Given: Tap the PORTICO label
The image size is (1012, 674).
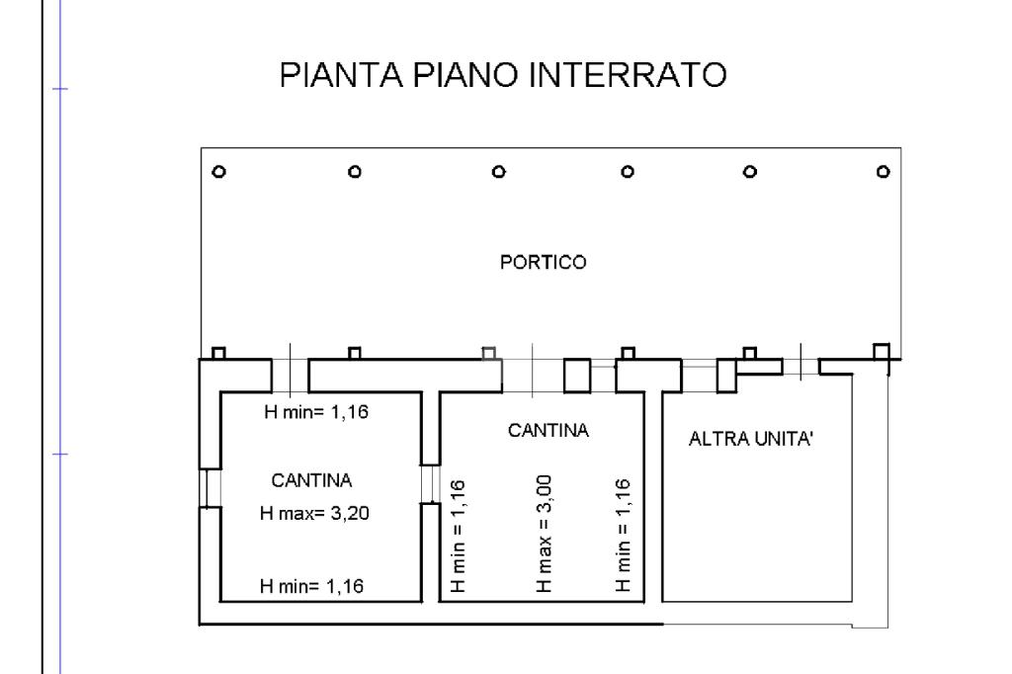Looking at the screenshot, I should pos(544,263).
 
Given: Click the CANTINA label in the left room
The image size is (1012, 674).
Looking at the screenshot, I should pos(311,480).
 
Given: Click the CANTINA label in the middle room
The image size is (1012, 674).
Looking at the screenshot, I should pos(548,431).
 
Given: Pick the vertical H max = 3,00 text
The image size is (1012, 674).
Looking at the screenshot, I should pos(545,533).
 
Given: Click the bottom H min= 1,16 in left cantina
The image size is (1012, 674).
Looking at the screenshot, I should pos(311,586).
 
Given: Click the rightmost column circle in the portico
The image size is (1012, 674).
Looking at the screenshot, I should pos(883,171).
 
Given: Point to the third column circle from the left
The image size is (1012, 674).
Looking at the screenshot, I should pos(499,171).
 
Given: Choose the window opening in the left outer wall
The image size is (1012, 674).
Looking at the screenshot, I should pos(209,487).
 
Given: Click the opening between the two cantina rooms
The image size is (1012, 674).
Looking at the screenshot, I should pos(429,483).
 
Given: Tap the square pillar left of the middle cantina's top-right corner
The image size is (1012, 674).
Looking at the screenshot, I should pos(576,376).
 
